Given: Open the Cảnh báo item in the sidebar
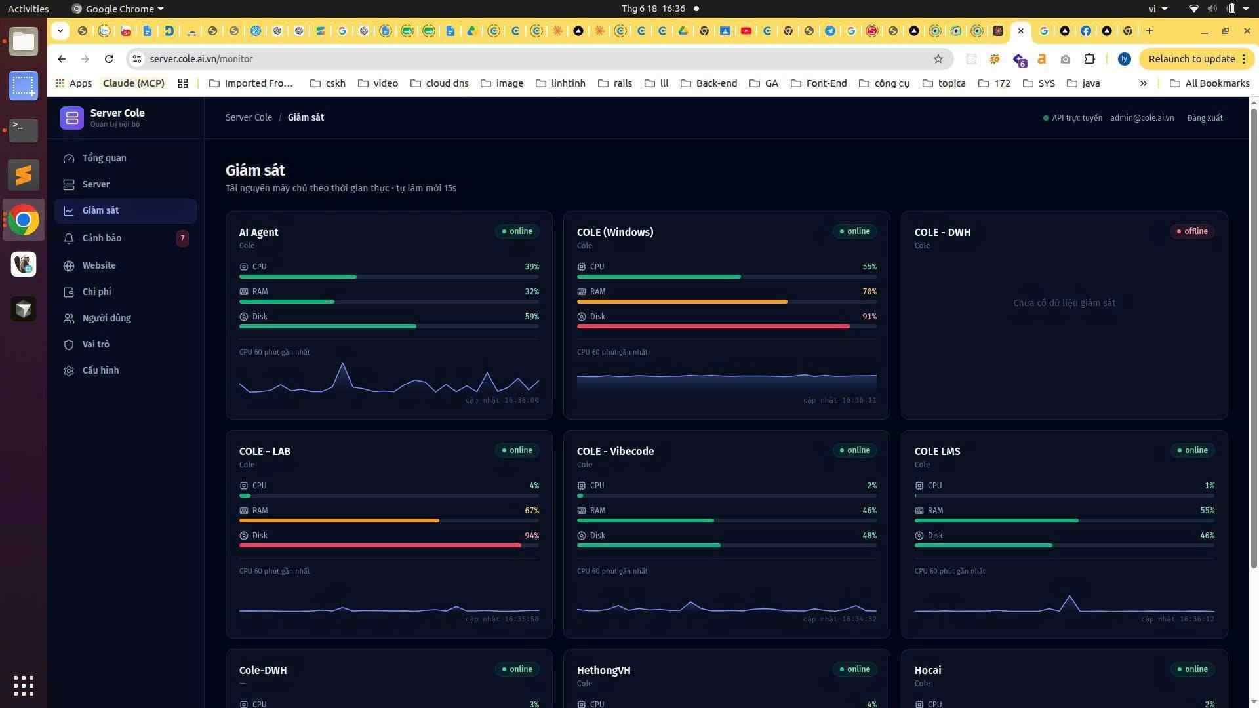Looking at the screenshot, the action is [x=102, y=238].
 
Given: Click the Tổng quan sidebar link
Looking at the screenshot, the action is [x=104, y=158].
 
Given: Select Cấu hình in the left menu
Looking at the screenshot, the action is [x=100, y=370].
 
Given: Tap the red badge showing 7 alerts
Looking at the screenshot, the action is [x=182, y=238].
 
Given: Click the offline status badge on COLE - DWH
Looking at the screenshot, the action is [x=1192, y=231].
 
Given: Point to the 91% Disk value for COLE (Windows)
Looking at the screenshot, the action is [x=869, y=317].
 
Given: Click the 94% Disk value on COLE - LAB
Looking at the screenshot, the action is [x=532, y=536].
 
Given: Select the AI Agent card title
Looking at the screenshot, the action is [x=258, y=232].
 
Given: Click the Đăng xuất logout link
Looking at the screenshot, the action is [x=1205, y=118].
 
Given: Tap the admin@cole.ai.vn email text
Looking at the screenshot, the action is [x=1142, y=118].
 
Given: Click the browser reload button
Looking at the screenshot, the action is [x=109, y=59].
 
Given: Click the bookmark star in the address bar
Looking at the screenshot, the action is [x=938, y=59].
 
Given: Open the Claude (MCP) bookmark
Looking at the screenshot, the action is [x=134, y=83].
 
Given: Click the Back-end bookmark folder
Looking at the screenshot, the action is [x=709, y=83].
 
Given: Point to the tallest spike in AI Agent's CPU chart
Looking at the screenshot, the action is [x=342, y=363].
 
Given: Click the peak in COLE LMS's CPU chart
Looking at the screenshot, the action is [x=1069, y=596].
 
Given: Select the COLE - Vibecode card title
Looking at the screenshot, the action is [x=615, y=451].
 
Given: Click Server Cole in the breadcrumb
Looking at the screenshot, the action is [x=249, y=117].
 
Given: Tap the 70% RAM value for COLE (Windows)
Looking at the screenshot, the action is [x=869, y=292].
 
